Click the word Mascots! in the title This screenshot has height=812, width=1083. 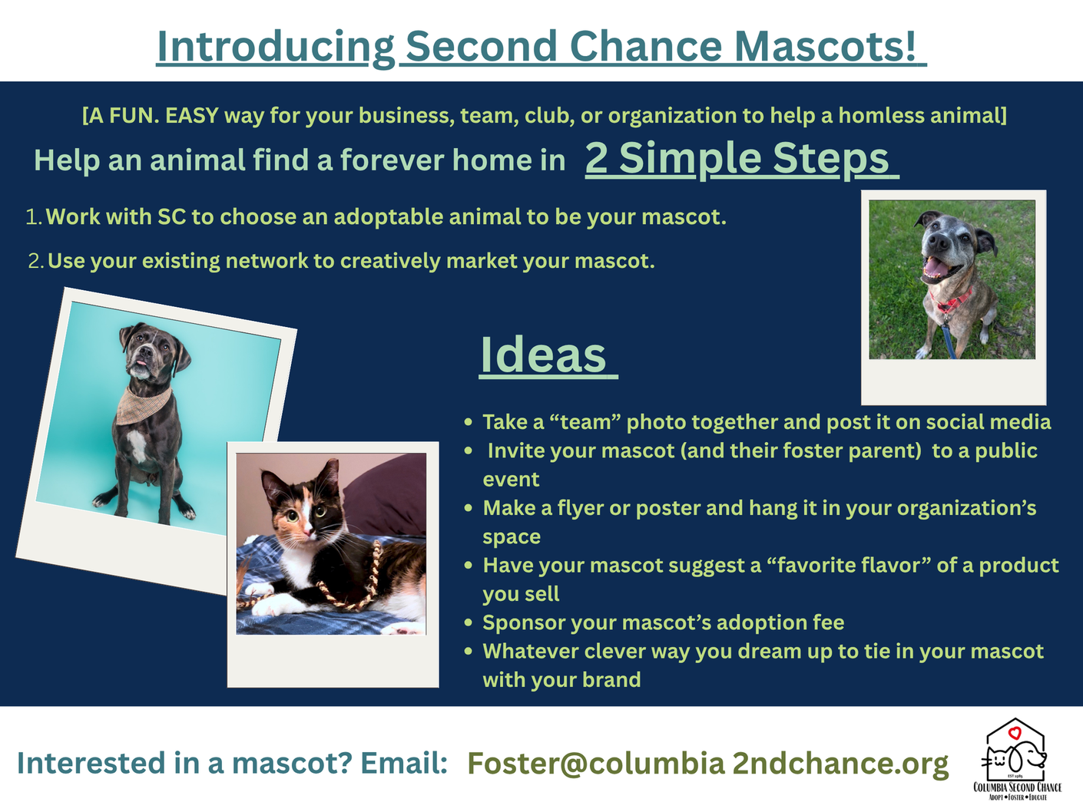tap(824, 46)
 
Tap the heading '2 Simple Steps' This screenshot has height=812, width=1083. tap(737, 159)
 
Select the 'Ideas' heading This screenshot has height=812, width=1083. tap(543, 355)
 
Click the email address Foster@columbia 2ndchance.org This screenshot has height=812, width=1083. tap(707, 763)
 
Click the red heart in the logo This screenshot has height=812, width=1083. tap(1014, 734)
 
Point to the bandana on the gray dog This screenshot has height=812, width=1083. tap(143, 405)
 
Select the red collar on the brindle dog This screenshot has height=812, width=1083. tap(951, 300)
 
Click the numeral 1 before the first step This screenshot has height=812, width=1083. tap(32, 217)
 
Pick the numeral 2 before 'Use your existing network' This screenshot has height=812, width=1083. tap(35, 261)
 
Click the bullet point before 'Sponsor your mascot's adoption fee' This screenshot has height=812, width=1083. tap(469, 622)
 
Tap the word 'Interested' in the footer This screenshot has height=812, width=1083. tap(91, 763)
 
